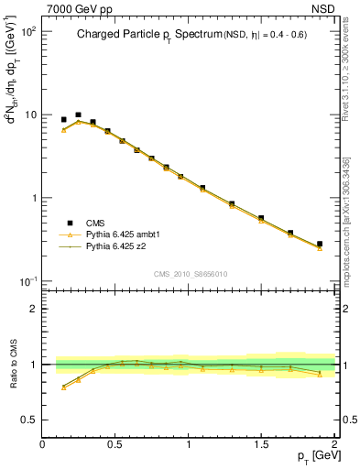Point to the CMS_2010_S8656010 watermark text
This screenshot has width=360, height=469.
point(189,273)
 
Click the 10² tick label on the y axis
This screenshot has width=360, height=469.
point(28,31)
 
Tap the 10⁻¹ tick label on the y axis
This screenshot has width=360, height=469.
point(28,281)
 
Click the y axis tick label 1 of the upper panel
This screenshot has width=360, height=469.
point(35,198)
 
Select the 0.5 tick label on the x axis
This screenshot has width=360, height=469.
point(116,444)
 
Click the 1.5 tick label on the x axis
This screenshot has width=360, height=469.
point(262,444)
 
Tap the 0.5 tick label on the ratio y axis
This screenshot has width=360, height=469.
point(30,420)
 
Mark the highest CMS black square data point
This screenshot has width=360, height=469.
point(78,115)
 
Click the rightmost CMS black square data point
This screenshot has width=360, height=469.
point(320,245)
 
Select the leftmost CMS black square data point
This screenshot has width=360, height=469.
point(63,119)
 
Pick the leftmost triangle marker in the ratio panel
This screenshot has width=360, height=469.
point(63,387)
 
